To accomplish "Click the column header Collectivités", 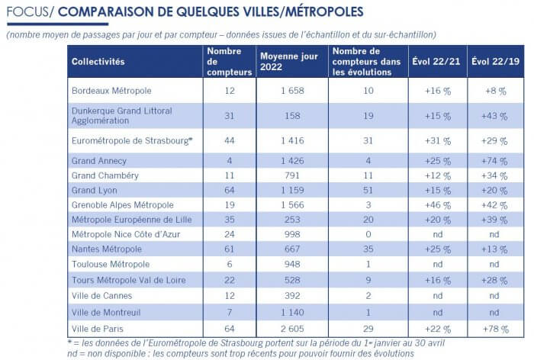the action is (98, 62).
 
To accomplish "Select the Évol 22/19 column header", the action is (495, 62).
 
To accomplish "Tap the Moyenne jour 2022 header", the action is (289, 62).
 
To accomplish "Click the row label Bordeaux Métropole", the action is (111, 91).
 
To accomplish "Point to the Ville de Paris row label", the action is (98, 329).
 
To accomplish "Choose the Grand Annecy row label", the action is (99, 161).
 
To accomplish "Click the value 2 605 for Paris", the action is (292, 329).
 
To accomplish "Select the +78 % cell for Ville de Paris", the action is (495, 329).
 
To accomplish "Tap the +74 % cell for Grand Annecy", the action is (494, 161).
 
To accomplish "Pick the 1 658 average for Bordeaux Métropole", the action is (292, 91).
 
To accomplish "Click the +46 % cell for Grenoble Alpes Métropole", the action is (437, 205).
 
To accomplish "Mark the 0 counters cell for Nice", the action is (368, 235).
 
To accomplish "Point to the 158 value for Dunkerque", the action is (292, 116).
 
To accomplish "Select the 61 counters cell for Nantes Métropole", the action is (229, 249).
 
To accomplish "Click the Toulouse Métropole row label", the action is (111, 265).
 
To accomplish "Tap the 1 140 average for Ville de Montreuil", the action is (292, 313).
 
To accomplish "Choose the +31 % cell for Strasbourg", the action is (437, 141).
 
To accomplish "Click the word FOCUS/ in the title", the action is (30, 12).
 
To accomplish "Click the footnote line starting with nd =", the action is (240, 354).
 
